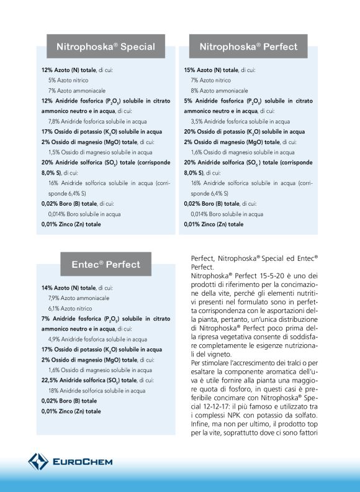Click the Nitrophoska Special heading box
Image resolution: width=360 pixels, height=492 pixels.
pyautogui.click(x=106, y=47)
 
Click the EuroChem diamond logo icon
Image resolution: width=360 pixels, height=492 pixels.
pyautogui.click(x=37, y=462)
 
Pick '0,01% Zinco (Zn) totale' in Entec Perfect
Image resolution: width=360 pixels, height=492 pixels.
pyautogui.click(x=71, y=411)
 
